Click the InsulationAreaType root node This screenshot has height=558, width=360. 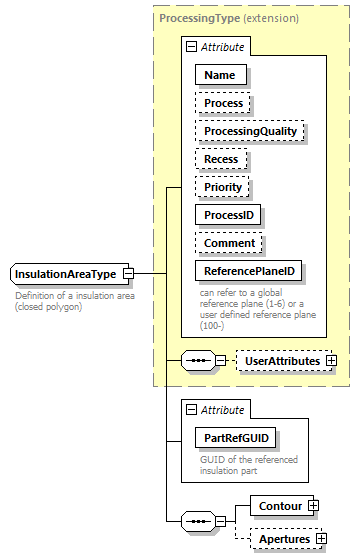(x=65, y=274)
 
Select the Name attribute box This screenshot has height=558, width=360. (x=221, y=75)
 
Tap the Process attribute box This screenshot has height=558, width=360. (x=223, y=103)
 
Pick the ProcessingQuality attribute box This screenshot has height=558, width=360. (x=250, y=131)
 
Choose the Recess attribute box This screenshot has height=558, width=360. (x=222, y=159)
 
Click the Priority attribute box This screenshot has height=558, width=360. (x=223, y=187)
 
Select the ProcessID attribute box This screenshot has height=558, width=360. (x=231, y=215)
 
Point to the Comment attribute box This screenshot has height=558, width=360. (x=229, y=243)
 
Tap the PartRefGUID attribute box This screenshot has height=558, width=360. (x=236, y=437)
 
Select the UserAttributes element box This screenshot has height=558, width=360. (x=282, y=360)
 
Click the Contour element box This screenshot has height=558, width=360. (x=280, y=506)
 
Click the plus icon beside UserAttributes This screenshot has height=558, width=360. (x=332, y=360)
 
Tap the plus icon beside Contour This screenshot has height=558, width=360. (x=314, y=506)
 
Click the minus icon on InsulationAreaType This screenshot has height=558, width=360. (x=129, y=274)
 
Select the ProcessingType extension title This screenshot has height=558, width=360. (x=229, y=18)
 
